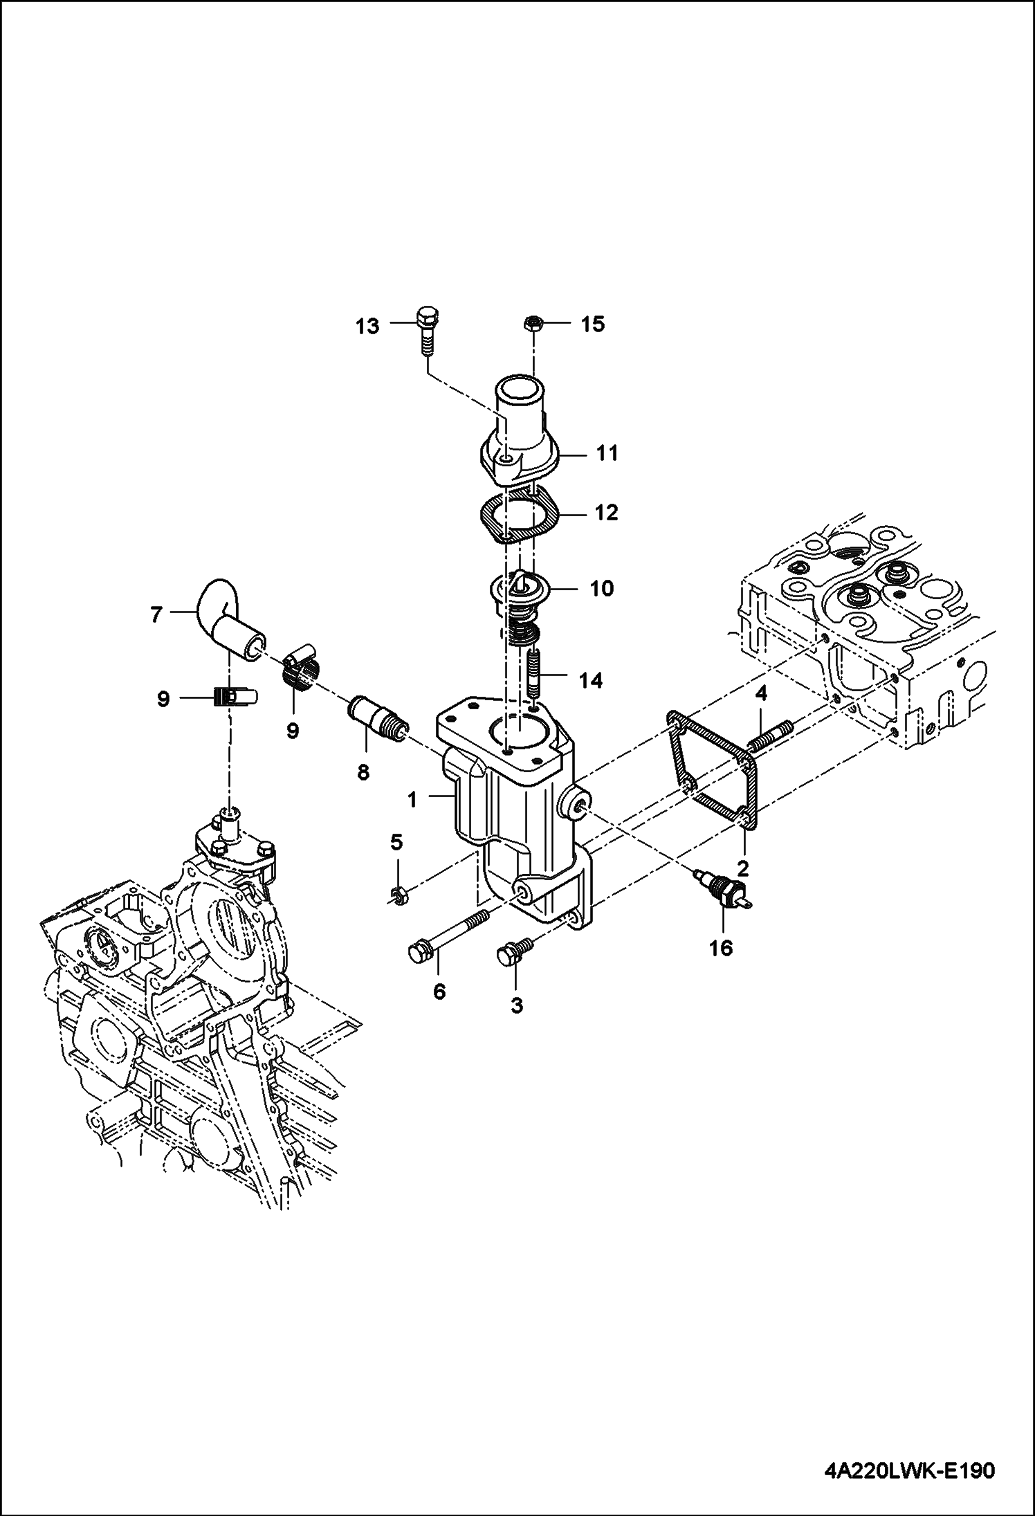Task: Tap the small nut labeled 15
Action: pos(532,323)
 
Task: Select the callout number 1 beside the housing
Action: pos(412,800)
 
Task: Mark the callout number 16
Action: pos(721,947)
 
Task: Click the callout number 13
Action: pos(367,326)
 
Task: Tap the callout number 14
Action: pos(589,681)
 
